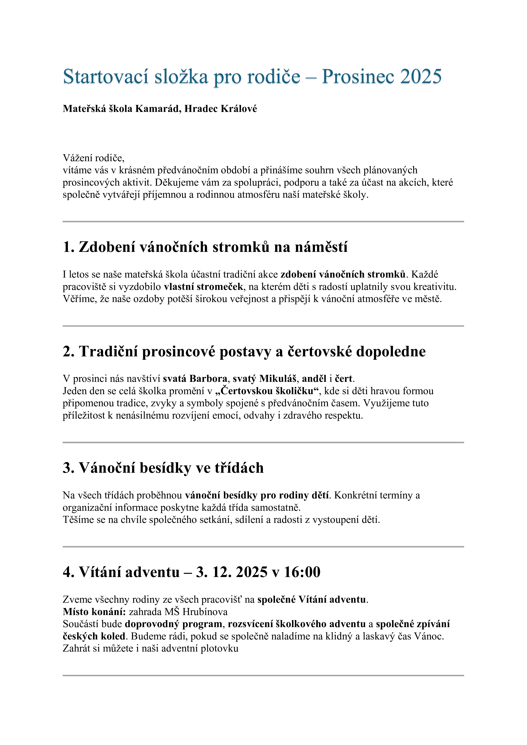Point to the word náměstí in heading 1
321,247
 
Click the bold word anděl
314,379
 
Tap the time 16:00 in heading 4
302,572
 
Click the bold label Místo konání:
94,612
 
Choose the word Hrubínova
205,612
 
